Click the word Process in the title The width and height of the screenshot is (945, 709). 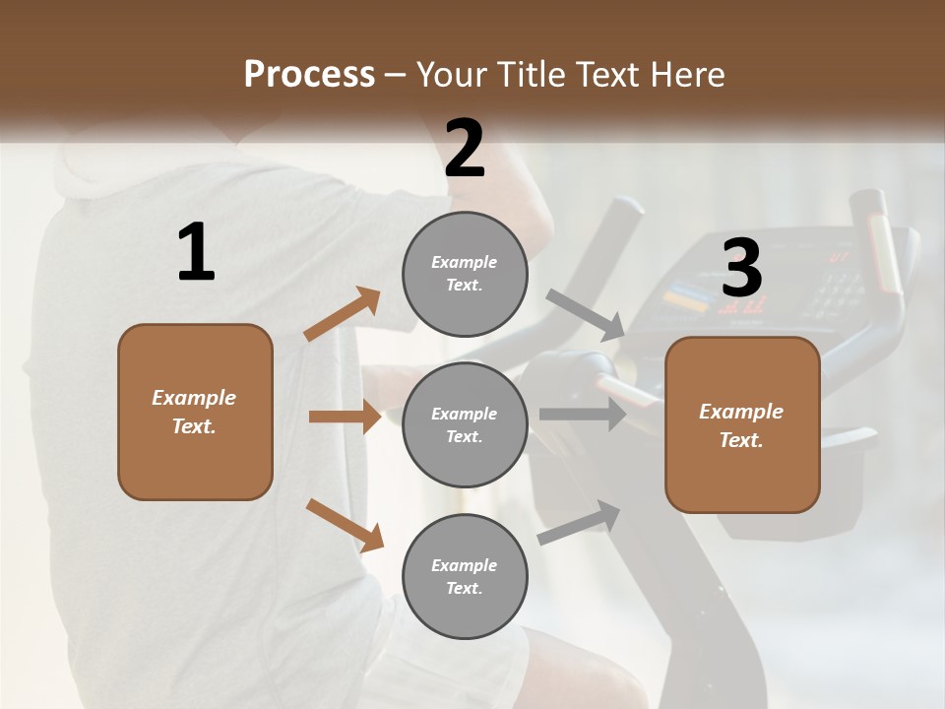tap(309, 75)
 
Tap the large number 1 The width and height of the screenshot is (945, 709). tap(196, 252)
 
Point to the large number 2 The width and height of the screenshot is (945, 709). tap(465, 148)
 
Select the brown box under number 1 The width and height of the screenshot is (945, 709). tap(195, 412)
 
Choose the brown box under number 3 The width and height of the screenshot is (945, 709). tap(742, 425)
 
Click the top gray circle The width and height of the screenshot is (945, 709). tap(465, 274)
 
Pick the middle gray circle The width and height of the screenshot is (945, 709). tap(465, 424)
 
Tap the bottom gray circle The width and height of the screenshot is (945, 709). tap(465, 576)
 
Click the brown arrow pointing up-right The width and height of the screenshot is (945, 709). tap(343, 314)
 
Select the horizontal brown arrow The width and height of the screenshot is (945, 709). tap(345, 417)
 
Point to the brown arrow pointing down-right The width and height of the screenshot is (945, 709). tap(345, 525)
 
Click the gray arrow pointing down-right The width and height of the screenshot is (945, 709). tap(585, 314)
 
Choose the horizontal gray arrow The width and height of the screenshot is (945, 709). tap(583, 415)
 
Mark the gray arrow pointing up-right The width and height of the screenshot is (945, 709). tap(579, 523)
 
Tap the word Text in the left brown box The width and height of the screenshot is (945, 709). tap(193, 426)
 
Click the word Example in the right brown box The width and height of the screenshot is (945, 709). tap(741, 411)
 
